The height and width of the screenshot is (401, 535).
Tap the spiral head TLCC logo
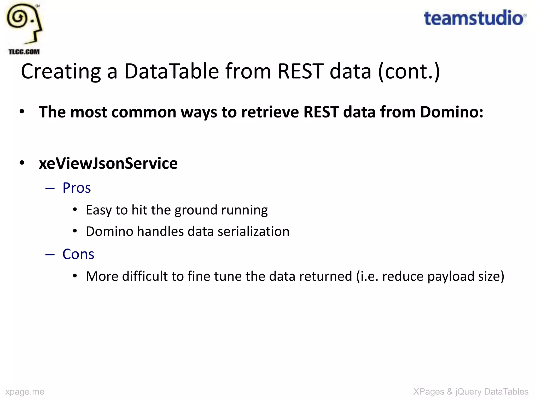click(24, 23)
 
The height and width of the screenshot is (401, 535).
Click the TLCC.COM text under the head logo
click(24, 52)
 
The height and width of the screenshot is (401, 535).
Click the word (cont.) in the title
click(409, 72)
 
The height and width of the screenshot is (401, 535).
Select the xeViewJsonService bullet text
click(108, 163)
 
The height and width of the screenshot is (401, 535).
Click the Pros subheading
click(77, 188)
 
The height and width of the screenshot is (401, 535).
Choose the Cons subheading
click(78, 254)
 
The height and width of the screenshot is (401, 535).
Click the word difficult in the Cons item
click(145, 276)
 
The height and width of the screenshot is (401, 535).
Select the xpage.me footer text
click(25, 392)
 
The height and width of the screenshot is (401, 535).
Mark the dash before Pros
click(50, 188)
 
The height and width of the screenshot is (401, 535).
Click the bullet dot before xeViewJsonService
click(22, 163)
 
